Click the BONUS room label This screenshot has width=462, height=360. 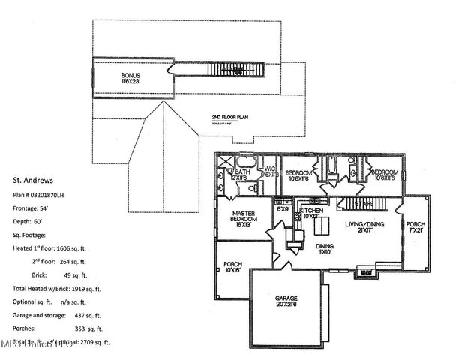(x=131, y=76)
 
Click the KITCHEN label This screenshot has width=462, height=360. (x=310, y=214)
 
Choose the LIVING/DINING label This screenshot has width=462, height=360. (x=364, y=227)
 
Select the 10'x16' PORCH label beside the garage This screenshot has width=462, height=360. (x=232, y=268)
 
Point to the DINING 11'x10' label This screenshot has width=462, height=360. (x=324, y=250)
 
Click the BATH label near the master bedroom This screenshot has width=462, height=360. (x=242, y=174)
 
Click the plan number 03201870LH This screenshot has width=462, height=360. (x=61, y=193)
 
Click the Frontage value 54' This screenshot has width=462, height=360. (x=50, y=206)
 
